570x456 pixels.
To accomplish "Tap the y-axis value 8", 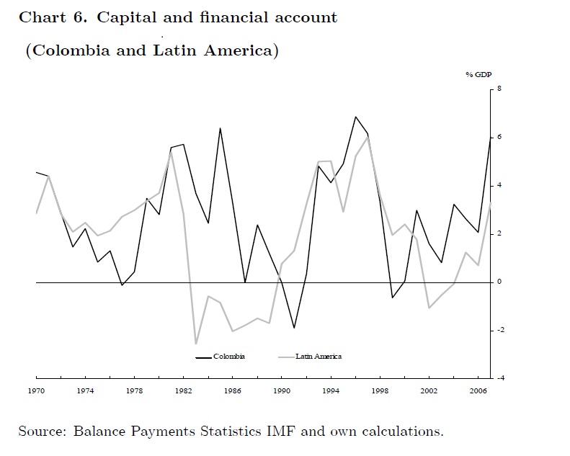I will point(499,89).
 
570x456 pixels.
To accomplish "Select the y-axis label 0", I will point(499,282).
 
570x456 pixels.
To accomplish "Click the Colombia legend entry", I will point(228,357).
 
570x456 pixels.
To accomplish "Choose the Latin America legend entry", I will point(318,357).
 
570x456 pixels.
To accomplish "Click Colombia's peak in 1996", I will point(355,117).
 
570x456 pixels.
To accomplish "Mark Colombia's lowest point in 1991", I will point(294,328).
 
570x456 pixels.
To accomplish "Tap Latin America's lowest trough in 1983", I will point(195,344).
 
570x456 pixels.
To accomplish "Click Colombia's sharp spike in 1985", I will point(220,128).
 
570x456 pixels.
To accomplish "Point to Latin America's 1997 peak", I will point(368,137).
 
